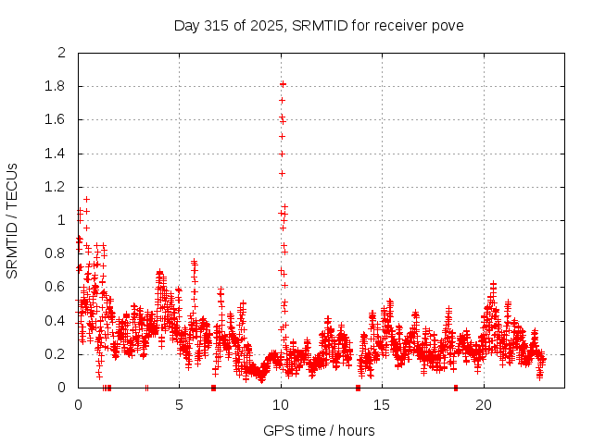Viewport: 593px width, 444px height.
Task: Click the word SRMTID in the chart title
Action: coord(316,25)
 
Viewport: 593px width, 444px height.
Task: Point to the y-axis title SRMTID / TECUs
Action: coord(12,220)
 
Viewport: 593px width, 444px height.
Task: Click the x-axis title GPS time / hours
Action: coord(319,430)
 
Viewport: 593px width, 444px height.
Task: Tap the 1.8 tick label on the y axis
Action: coord(56,87)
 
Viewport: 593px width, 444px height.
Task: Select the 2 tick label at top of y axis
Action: coord(62,53)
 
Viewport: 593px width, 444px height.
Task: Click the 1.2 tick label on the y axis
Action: coord(56,187)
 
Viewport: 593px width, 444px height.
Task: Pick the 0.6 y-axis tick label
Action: coord(56,288)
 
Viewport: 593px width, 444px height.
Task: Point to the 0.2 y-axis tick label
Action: coord(56,354)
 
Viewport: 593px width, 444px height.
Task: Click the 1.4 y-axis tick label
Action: coord(56,154)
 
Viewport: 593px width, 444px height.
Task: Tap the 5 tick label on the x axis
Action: coord(180,404)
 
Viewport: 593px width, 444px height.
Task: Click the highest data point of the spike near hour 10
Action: coord(283,84)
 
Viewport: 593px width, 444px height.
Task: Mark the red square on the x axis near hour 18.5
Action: coord(455,388)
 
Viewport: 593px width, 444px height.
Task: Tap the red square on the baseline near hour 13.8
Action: coord(358,388)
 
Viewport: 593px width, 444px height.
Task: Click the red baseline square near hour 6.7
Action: coord(213,388)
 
